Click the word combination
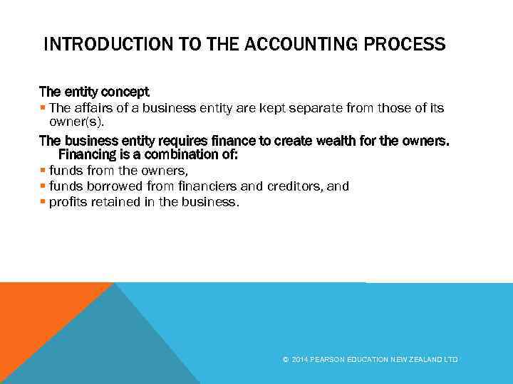pos(196,154)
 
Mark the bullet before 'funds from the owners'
pos(43,171)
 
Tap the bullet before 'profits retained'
pos(43,202)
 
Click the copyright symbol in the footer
pos(285,360)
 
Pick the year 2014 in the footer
pos(299,360)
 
